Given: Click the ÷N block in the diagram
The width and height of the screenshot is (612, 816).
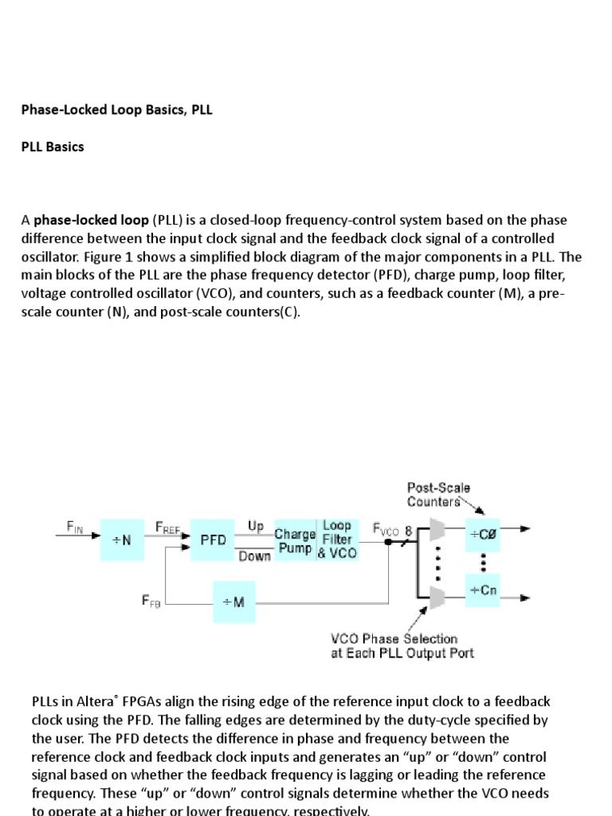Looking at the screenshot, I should pyautogui.click(x=122, y=540).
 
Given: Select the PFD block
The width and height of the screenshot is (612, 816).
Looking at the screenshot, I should pyautogui.click(x=213, y=540).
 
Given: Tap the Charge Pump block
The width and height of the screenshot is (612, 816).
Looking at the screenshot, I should pyautogui.click(x=294, y=540).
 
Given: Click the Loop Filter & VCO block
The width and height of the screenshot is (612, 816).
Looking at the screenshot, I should pyautogui.click(x=338, y=539).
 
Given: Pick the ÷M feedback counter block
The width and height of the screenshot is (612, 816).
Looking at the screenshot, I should pyautogui.click(x=234, y=602).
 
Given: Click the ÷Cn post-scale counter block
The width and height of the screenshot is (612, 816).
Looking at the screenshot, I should pyautogui.click(x=483, y=590).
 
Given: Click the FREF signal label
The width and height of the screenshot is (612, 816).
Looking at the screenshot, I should pyautogui.click(x=168, y=528).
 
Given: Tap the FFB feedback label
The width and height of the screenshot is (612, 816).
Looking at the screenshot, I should pyautogui.click(x=151, y=602).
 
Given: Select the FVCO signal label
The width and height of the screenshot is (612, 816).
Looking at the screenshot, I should pyautogui.click(x=387, y=528).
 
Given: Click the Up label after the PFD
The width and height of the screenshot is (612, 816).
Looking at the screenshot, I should pyautogui.click(x=256, y=526).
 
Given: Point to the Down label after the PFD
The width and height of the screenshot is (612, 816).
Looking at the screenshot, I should pyautogui.click(x=255, y=556).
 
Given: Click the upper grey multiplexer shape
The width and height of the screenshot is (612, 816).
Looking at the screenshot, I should pyautogui.click(x=437, y=529).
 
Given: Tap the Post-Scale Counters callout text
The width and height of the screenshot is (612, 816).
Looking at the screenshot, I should pyautogui.click(x=438, y=494).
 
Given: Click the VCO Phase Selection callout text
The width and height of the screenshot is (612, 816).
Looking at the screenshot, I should pyautogui.click(x=402, y=645).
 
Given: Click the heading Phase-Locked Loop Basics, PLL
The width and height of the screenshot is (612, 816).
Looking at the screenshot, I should pyautogui.click(x=116, y=110).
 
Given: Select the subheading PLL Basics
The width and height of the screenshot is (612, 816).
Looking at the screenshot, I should pyautogui.click(x=53, y=147).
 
